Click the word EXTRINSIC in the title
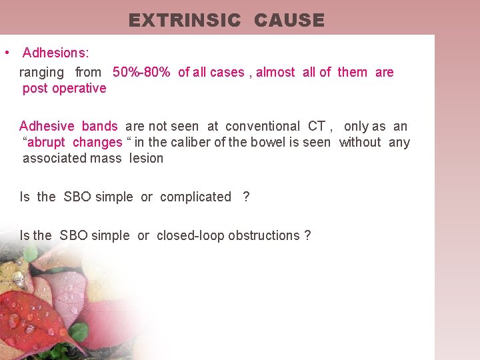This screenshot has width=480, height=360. coord(184,21)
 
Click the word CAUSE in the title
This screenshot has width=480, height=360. coord(289,21)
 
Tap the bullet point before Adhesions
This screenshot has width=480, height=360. coord(6,52)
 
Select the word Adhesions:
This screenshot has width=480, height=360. coord(56,52)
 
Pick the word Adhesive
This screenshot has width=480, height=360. coord(47,126)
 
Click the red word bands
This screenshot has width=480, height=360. coord(99,126)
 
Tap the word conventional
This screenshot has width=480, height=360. coord(263,126)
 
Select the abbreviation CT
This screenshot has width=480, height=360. coord(317,126)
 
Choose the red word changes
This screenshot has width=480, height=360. coord(97,142)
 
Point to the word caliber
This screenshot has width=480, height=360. coord(196,142)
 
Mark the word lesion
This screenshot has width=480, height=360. coord(146,158)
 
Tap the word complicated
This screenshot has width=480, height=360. coord(195,197)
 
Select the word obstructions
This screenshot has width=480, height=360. coord(264,235)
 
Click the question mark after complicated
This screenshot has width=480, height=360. coord(246,197)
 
